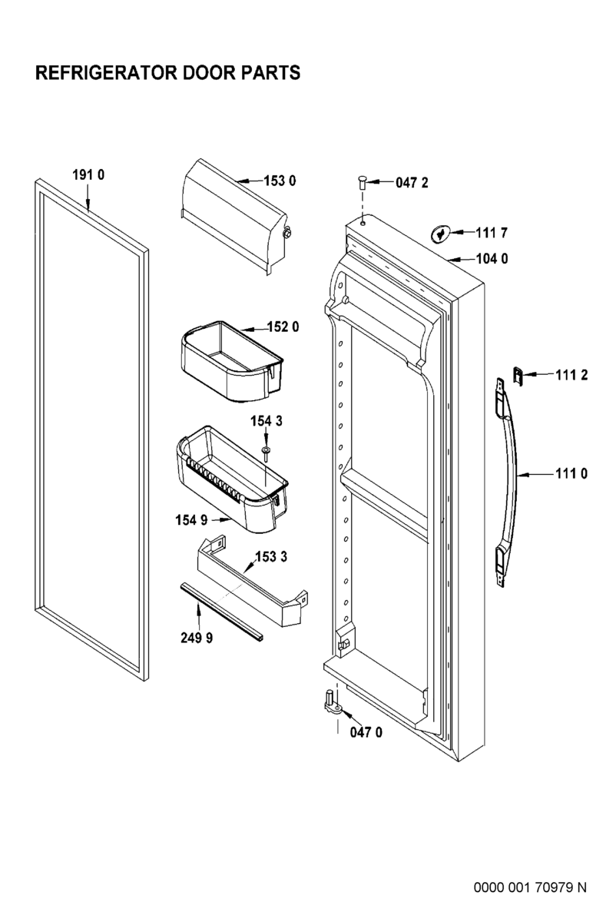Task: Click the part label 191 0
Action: pos(88,175)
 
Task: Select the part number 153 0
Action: pos(280,181)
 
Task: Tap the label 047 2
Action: pos(412,183)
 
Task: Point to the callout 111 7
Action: pos(492,232)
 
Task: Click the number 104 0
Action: pos(492,259)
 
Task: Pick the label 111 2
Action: pos(572,374)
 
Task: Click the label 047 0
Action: pos(366,732)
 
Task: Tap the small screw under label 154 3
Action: pos(265,452)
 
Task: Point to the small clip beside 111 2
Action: pos(518,376)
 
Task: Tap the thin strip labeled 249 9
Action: pos(223,612)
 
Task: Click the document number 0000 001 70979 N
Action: pos(529,887)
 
